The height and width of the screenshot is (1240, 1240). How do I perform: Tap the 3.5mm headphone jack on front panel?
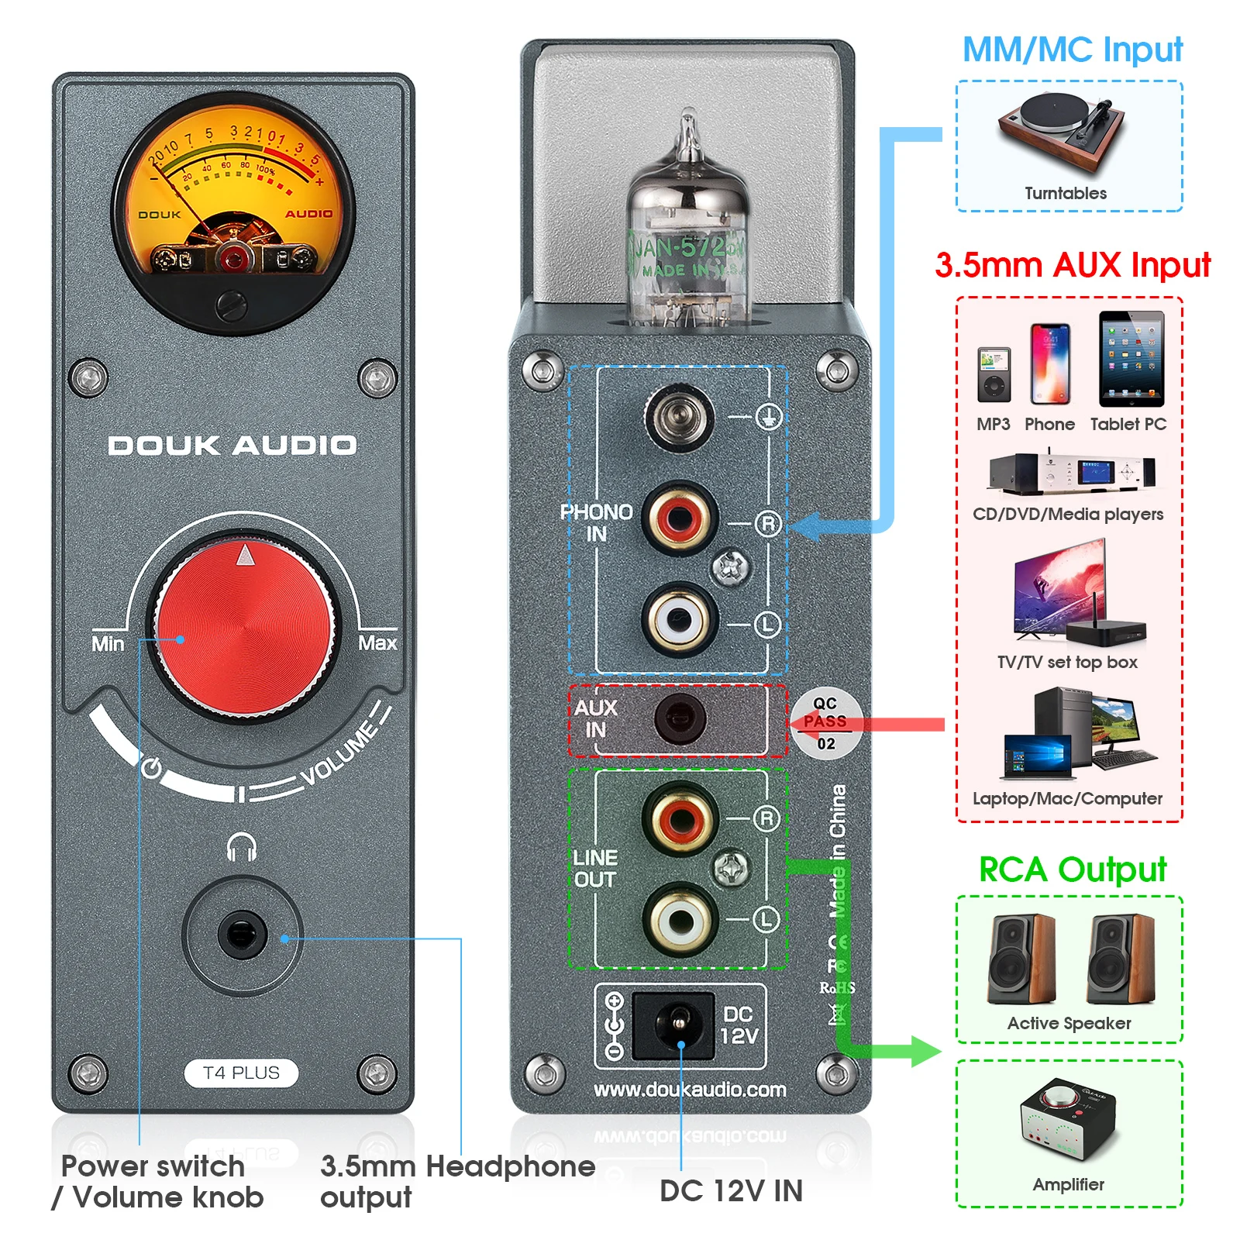point(242,934)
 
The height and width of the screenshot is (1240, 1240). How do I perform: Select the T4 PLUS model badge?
point(241,1073)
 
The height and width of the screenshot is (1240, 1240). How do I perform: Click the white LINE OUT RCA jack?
point(680,921)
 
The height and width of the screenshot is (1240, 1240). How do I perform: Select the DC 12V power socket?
point(673,1026)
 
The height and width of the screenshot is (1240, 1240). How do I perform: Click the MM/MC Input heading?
point(1072,50)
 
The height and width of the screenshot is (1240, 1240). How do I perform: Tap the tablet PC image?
point(1131,359)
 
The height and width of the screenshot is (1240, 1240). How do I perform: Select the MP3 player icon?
point(994,374)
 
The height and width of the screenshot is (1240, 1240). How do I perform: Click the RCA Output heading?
point(1072,870)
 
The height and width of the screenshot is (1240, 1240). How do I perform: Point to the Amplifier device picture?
point(1068,1121)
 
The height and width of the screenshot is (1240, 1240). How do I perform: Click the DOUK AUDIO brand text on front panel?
point(232,445)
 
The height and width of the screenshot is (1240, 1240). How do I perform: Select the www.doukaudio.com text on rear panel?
point(690,1090)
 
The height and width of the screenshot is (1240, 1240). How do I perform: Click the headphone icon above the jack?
point(241,847)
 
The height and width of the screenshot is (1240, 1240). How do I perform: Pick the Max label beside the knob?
point(377,643)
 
